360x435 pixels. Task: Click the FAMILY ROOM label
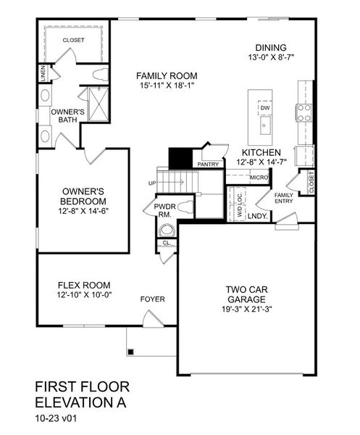pyautogui.click(x=168, y=76)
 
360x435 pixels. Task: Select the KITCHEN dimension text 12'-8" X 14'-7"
pyautogui.click(x=261, y=163)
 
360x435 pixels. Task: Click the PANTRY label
pyautogui.click(x=208, y=165)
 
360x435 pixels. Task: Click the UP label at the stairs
pyautogui.click(x=152, y=183)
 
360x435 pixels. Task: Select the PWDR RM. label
pyautogui.click(x=164, y=211)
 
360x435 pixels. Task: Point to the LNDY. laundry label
pyautogui.click(x=257, y=216)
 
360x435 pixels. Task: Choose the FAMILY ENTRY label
pyautogui.click(x=282, y=199)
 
